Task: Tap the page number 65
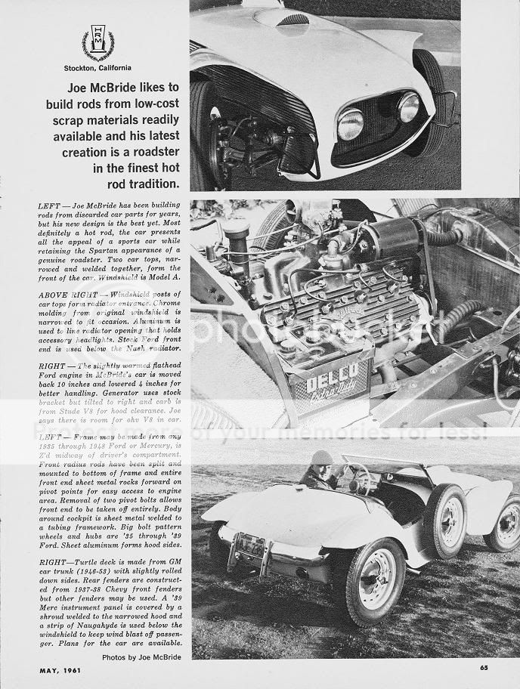(483, 666)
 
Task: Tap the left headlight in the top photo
(350, 124)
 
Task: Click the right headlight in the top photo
(409, 107)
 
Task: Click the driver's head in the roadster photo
(322, 460)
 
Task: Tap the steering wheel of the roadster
(361, 477)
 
